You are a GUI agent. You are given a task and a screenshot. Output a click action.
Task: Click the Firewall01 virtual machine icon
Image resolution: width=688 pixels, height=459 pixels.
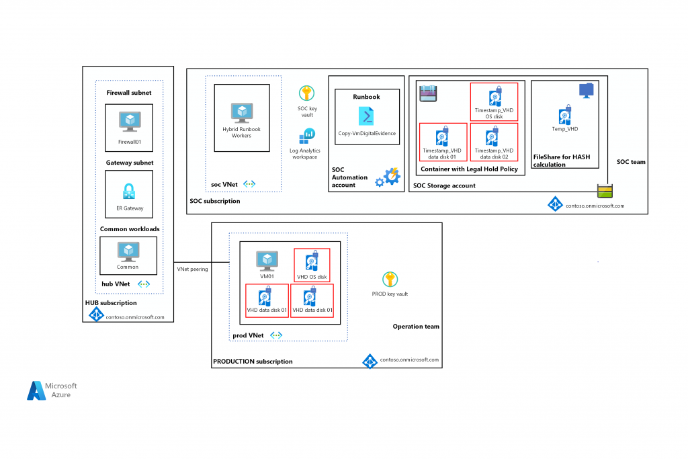coord(128,121)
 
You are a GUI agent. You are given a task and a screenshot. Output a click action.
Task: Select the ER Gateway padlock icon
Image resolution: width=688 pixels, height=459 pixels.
coord(128,191)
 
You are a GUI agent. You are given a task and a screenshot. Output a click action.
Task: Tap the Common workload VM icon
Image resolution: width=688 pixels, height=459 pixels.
coord(128,251)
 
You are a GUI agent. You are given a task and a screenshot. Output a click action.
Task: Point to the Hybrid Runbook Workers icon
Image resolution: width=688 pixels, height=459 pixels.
coord(241,112)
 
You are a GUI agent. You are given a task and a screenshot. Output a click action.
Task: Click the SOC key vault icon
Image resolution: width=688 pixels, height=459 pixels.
coord(306,93)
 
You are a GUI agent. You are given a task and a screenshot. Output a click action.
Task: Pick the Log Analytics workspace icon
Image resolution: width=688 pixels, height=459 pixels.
coord(306,136)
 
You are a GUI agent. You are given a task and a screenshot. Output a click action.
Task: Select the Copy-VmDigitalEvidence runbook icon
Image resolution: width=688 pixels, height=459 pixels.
coord(367,116)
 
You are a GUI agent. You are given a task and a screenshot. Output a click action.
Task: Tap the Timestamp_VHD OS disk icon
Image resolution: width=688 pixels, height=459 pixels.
coord(494,95)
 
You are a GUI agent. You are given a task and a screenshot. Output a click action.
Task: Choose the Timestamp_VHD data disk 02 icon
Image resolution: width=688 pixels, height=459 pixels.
coord(494,136)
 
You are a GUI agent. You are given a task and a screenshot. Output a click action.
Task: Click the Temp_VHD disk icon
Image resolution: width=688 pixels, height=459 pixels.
coord(565,114)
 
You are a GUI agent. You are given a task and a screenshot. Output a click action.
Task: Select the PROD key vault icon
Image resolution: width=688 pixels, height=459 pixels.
coord(390,280)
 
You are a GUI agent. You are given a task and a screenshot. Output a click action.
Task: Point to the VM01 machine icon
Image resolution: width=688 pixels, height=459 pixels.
coord(267,260)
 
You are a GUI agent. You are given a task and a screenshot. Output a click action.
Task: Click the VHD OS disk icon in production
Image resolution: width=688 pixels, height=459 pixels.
coord(311,261)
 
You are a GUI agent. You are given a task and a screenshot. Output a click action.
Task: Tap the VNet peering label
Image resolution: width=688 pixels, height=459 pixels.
coord(192,269)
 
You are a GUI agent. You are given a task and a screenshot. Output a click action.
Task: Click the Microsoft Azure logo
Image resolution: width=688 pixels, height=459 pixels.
coord(52,390)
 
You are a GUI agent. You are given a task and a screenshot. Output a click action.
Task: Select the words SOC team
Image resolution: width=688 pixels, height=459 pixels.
coord(631,163)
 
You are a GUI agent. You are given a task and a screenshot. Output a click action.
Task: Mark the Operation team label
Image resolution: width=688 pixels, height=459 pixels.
coord(416,327)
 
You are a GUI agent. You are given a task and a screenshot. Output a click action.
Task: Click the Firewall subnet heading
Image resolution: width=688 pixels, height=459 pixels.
coord(129,92)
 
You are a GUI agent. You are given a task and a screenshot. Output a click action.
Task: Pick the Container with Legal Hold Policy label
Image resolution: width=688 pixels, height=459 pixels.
coord(469,169)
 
